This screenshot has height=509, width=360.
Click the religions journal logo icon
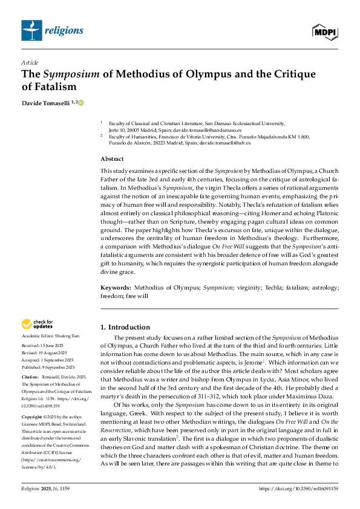click(x=29, y=29)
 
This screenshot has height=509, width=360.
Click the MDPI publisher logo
click(x=325, y=31)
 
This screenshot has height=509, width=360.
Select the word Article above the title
click(x=28, y=62)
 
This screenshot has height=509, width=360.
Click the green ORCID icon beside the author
click(x=80, y=103)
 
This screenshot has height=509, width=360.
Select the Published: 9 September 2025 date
click(x=49, y=367)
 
